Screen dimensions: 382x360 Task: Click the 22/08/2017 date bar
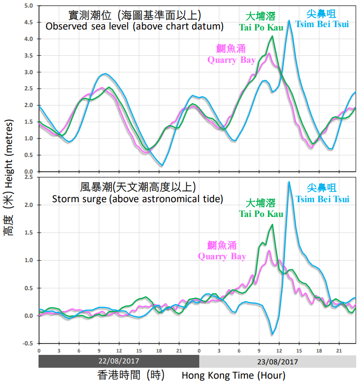tap(118, 361)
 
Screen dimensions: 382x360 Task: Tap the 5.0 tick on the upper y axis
tap(29, 6)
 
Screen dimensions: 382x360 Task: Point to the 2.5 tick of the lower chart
tap(29, 177)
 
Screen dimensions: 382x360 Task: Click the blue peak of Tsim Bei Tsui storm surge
tap(289, 182)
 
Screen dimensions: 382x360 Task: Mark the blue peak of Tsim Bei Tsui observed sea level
tap(289, 20)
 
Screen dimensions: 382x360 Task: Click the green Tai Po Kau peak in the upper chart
tap(272, 36)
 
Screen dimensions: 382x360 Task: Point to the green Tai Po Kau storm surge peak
tap(272, 225)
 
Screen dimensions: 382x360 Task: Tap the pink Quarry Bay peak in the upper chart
tap(269, 53)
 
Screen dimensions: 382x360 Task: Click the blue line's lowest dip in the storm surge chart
tap(272, 334)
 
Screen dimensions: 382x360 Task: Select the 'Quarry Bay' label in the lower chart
tap(222, 256)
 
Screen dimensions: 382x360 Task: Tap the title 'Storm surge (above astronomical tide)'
tap(137, 198)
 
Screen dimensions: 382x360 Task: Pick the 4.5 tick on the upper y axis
tap(29, 22)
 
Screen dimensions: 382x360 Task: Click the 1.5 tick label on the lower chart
tap(29, 233)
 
